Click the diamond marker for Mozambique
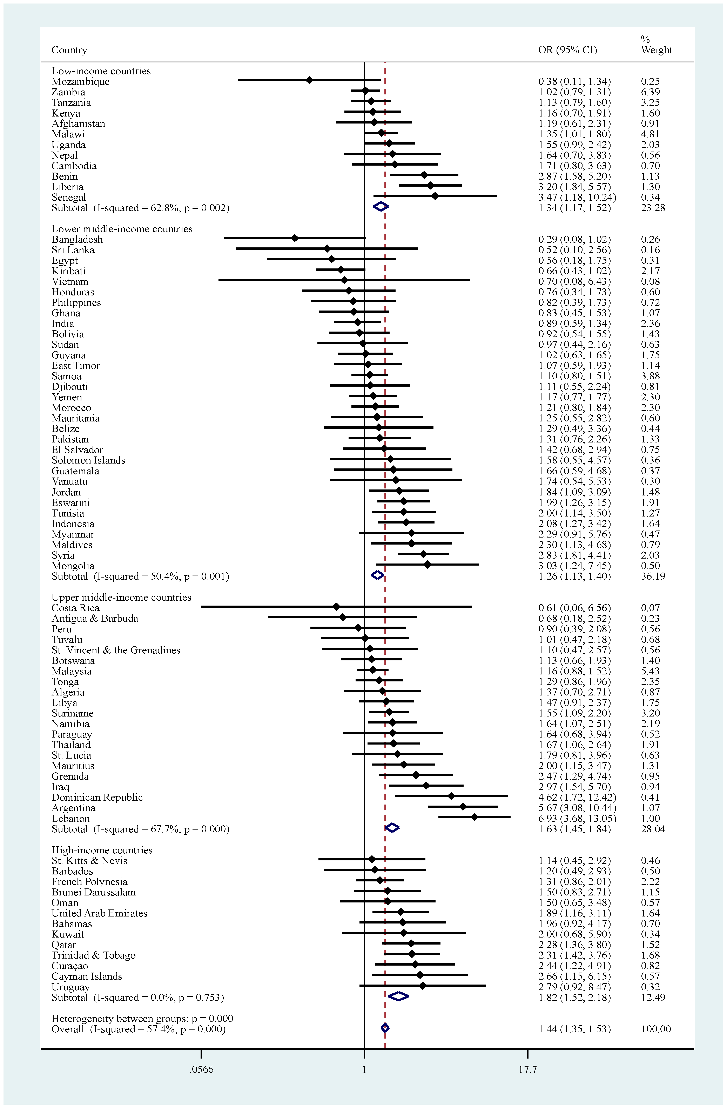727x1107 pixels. (x=309, y=80)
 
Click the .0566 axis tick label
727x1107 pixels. (x=201, y=1069)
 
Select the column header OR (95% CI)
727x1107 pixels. (x=567, y=50)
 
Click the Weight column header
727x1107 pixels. (x=656, y=50)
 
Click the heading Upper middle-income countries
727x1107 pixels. (x=121, y=597)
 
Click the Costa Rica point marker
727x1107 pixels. (x=336, y=607)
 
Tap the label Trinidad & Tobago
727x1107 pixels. (x=94, y=955)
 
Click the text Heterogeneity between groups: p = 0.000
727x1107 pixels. (x=142, y=1018)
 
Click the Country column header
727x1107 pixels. (x=69, y=50)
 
